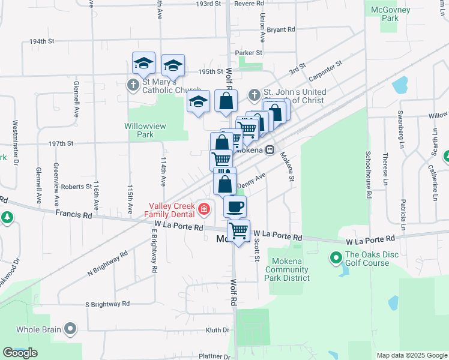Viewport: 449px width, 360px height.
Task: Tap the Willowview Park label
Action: click(x=145, y=130)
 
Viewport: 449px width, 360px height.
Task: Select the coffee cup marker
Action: click(x=235, y=206)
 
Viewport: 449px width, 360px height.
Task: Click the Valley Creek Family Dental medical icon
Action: click(x=205, y=209)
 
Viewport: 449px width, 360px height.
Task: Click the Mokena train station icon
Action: click(x=270, y=149)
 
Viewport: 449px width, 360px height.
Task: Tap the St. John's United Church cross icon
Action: click(x=255, y=95)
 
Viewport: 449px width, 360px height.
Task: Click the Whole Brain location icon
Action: click(x=71, y=328)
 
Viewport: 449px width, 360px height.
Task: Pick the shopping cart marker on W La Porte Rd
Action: click(x=239, y=230)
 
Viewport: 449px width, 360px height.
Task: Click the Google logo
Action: click(x=20, y=353)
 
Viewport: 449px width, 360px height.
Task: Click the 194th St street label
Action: click(x=42, y=41)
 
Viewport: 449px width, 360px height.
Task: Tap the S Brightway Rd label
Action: click(x=107, y=304)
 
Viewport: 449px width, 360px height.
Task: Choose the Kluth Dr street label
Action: click(x=218, y=330)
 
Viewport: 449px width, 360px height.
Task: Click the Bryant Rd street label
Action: click(x=281, y=29)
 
